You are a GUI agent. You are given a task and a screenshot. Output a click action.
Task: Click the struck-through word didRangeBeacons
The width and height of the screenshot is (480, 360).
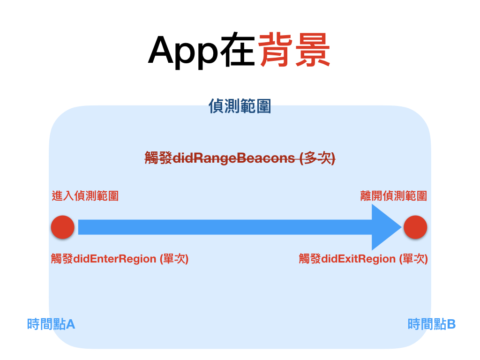(x=235, y=158)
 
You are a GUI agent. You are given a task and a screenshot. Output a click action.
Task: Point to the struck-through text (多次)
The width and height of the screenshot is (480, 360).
(x=317, y=158)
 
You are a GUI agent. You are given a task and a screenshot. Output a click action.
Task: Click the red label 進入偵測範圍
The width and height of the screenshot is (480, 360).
(x=85, y=195)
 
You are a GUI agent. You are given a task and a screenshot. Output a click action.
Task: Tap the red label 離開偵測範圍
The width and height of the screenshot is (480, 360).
(x=393, y=195)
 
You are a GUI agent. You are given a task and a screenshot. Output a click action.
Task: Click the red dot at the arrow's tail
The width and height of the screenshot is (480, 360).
(x=63, y=227)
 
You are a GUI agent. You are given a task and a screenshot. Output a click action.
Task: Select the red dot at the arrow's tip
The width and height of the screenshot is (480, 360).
(x=415, y=227)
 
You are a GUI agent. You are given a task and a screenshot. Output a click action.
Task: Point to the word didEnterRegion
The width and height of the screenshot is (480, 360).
(x=114, y=258)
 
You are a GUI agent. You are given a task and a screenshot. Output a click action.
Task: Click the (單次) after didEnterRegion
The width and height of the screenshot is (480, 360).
(x=174, y=258)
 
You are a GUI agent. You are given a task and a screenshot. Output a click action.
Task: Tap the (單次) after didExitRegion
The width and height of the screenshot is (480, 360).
(x=413, y=258)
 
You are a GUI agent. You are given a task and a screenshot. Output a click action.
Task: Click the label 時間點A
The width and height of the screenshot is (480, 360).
(x=51, y=324)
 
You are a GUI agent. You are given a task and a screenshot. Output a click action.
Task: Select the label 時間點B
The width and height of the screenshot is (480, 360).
(x=432, y=324)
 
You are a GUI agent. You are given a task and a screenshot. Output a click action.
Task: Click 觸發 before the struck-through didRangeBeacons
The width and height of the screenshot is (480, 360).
(x=158, y=158)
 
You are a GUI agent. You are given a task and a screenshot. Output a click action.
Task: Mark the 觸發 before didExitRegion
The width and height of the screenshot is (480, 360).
(x=310, y=258)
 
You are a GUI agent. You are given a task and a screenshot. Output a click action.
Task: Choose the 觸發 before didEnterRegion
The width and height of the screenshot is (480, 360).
(x=62, y=258)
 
